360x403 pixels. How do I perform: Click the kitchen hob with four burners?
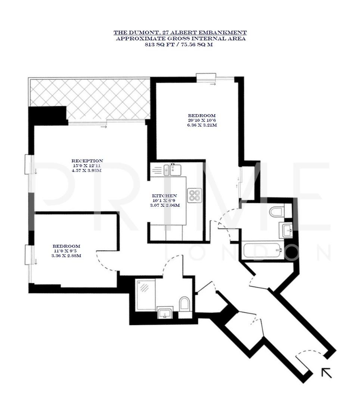point(194,196)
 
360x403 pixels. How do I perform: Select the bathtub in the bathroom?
point(262,250)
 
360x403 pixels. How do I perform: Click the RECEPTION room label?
point(87,161)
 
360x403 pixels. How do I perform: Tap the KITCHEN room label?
point(164,196)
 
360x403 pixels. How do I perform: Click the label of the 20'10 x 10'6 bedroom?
point(202,116)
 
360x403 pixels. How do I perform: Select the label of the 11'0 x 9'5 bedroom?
point(66,246)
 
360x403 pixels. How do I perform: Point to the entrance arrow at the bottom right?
point(326,372)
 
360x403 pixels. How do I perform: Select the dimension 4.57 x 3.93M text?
point(87,170)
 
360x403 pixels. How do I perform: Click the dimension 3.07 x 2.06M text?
point(164,205)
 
